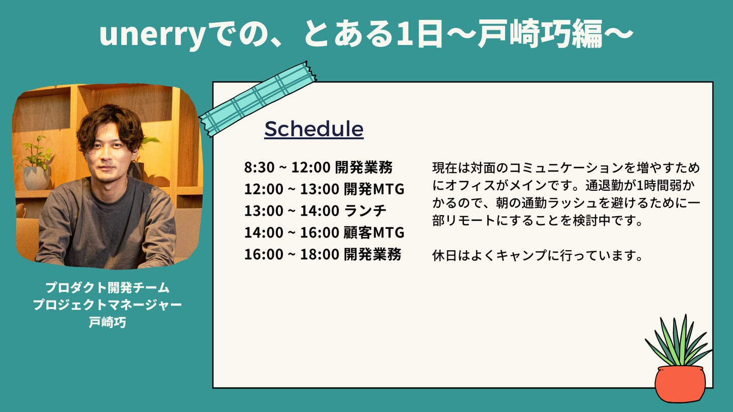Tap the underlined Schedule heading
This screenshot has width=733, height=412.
pos(314,129)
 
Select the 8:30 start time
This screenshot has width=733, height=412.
pos(259,167)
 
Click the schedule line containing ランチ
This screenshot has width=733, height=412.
pos(315,211)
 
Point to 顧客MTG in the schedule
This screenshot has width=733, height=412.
pos(374,232)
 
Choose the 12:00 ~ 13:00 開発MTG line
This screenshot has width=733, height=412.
pos(324,189)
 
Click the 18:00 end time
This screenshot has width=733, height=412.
pos(319,254)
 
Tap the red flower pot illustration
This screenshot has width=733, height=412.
pos(680,384)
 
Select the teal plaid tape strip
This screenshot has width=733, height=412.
pos(258,99)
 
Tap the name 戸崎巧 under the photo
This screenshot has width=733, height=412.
pos(107,322)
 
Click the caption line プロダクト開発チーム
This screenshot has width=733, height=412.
pos(107,288)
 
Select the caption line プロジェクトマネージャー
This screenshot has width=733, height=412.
pos(107,305)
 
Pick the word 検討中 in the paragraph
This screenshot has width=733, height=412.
pos(591,221)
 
